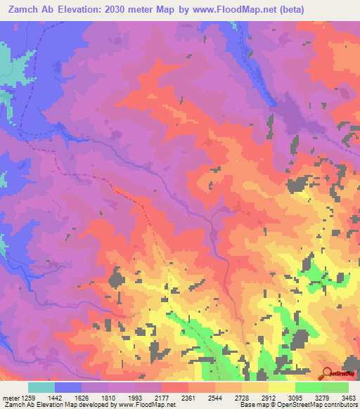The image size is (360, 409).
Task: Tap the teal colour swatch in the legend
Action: pyautogui.click(x=41, y=387)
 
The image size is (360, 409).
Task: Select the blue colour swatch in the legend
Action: pyautogui.click(x=68, y=387)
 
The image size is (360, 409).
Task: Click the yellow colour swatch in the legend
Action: pyautogui.click(x=282, y=387)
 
